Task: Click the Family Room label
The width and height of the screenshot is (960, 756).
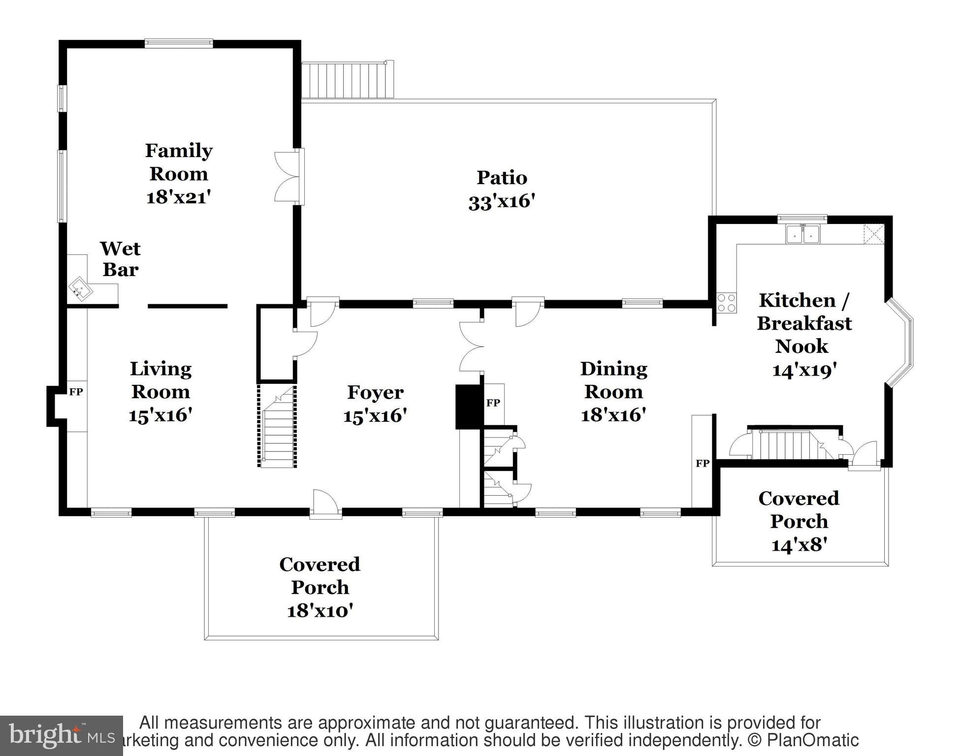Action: click(179, 162)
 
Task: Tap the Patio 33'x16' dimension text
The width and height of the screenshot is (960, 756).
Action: click(501, 202)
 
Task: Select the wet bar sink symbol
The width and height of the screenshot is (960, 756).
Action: click(80, 288)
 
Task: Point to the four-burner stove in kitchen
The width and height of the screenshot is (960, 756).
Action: click(726, 303)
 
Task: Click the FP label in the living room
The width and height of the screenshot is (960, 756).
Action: click(76, 392)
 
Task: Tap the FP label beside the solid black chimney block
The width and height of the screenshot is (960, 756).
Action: click(493, 403)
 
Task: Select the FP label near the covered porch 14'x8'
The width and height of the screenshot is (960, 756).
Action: click(703, 463)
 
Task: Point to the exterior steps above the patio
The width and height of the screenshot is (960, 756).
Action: click(347, 80)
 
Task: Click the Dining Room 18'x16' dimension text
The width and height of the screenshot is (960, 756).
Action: click(613, 415)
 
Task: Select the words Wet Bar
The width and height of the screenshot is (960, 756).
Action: click(120, 259)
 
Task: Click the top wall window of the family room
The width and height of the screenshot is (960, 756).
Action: click(179, 43)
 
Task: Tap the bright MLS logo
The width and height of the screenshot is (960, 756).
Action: click(61, 735)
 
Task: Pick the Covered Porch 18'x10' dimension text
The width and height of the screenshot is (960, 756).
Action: click(320, 611)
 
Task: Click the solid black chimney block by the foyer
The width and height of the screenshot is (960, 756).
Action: click(464, 407)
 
